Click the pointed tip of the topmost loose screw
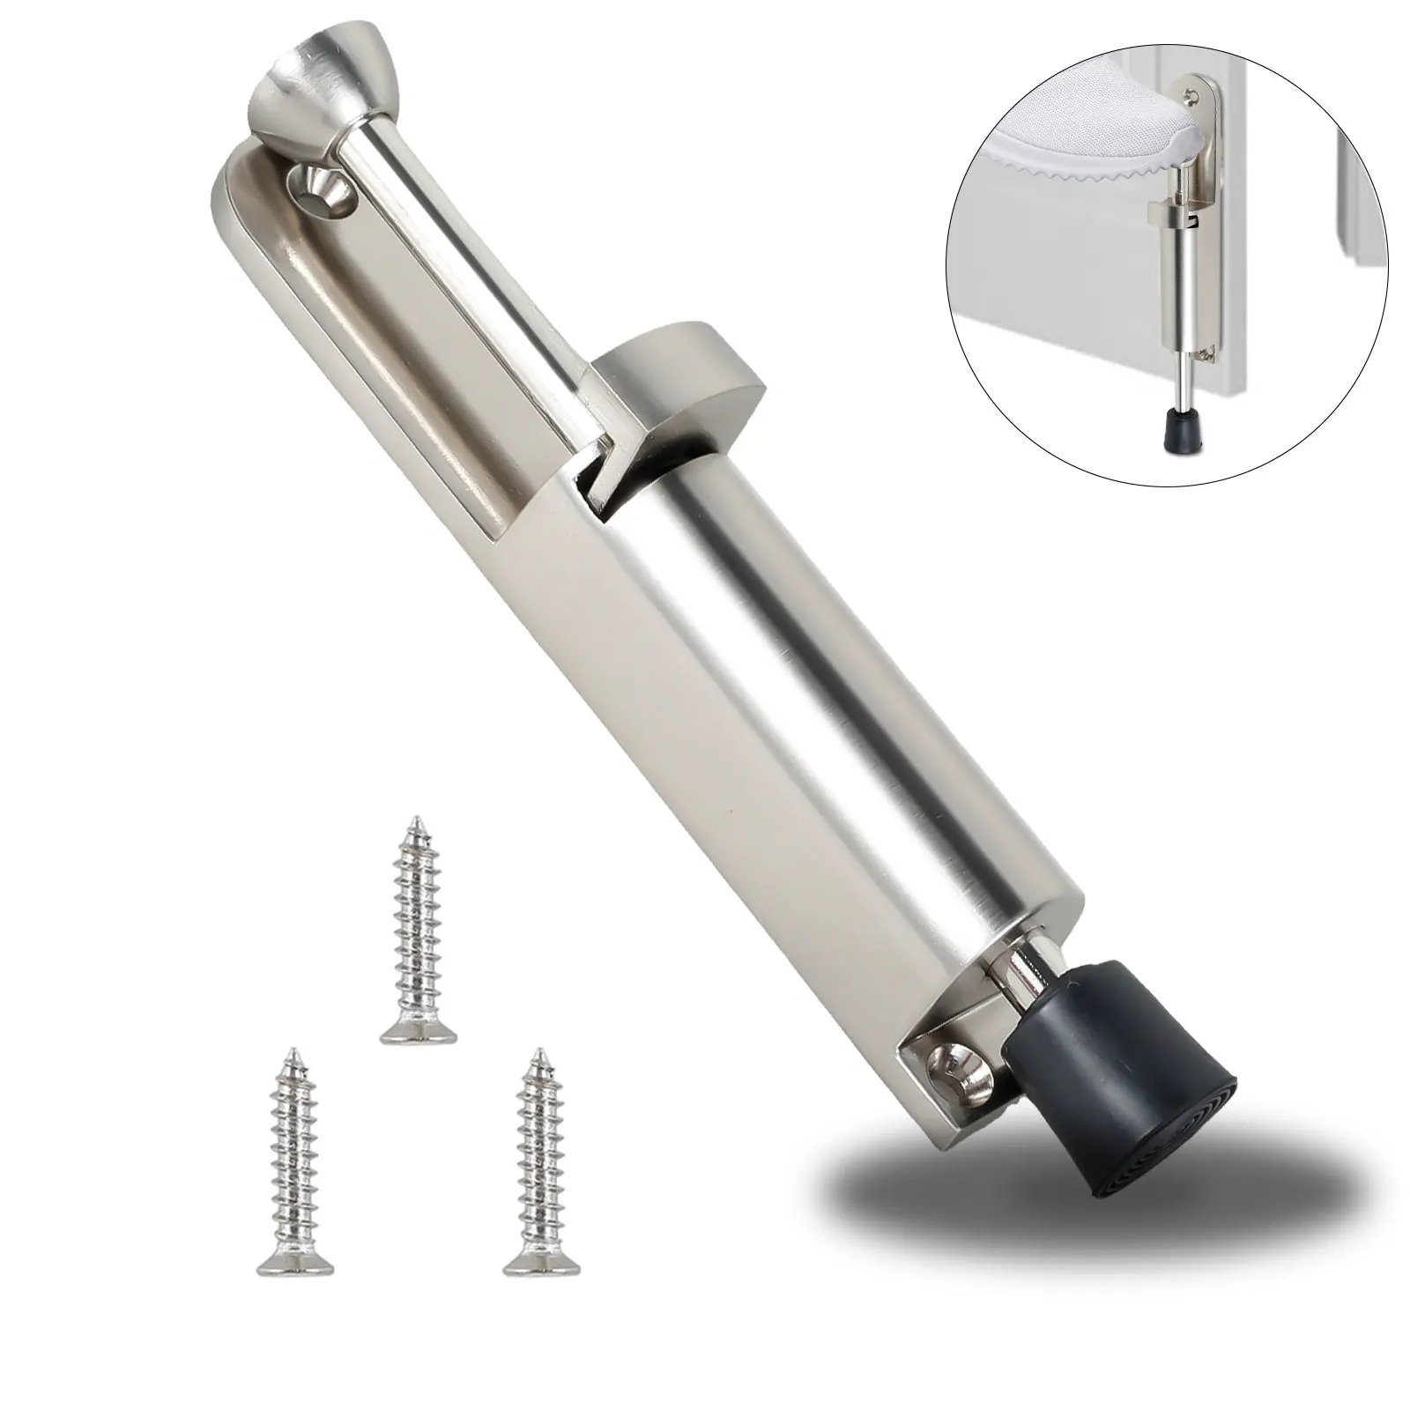(x=412, y=825)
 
